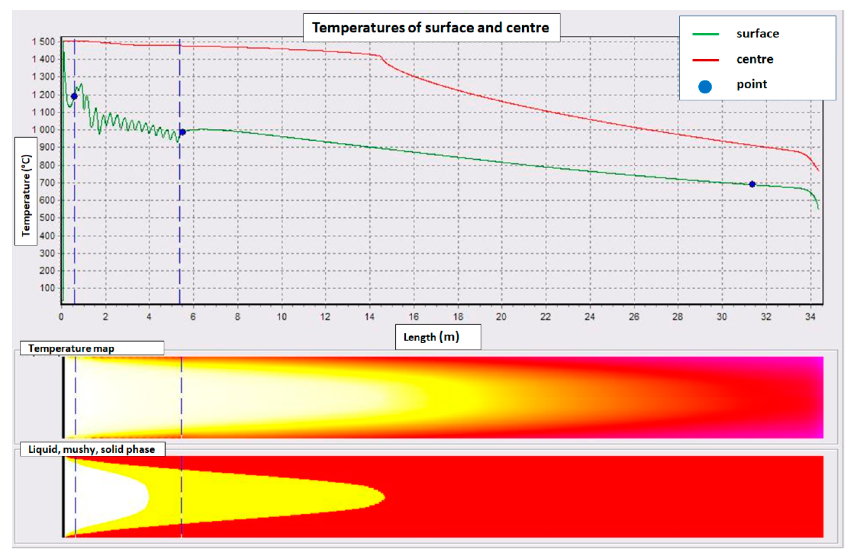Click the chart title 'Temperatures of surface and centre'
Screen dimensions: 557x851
pos(431,28)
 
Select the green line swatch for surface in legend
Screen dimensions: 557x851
pos(705,34)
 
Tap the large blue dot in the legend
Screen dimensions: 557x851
pos(705,87)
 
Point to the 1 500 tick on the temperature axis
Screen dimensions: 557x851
pos(44,42)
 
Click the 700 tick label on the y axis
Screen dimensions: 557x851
pos(47,182)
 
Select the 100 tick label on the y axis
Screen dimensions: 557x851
pos(47,288)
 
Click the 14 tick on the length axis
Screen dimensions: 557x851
pos(370,316)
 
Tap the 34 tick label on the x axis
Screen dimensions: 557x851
pos(810,316)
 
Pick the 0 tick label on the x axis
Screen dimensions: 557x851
pos(62,316)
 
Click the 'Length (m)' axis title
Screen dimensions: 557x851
pos(431,337)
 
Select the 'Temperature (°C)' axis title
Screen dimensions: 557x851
pos(26,195)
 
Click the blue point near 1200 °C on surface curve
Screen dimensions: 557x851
pos(74,96)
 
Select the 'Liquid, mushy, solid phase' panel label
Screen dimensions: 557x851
pos(92,449)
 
